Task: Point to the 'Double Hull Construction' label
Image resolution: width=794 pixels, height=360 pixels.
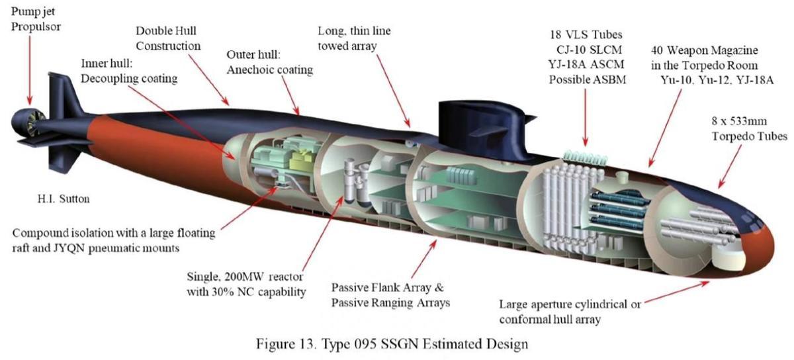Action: pyautogui.click(x=167, y=38)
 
